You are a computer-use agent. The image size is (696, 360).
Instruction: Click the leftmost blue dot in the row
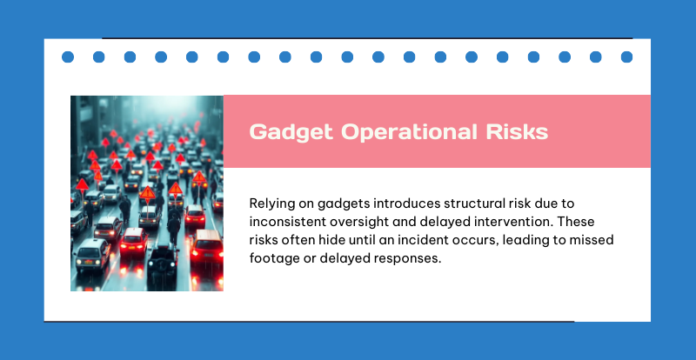coord(68,57)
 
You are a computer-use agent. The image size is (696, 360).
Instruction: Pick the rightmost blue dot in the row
coord(626,57)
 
